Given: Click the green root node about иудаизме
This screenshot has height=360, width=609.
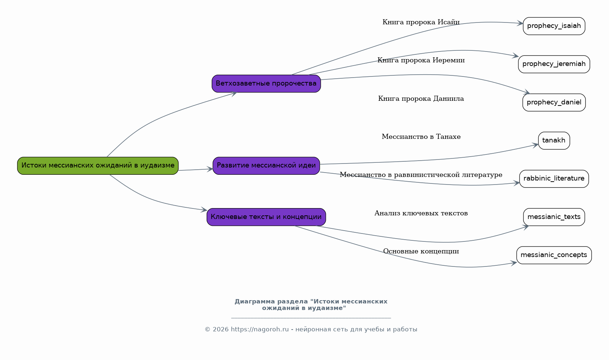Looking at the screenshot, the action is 98,166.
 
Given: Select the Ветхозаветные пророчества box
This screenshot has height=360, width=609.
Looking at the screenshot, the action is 266,83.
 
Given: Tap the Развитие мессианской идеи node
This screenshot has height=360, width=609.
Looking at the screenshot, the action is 266,166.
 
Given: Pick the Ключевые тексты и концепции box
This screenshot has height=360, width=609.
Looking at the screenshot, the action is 266,217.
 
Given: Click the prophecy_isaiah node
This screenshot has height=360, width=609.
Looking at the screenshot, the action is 554,26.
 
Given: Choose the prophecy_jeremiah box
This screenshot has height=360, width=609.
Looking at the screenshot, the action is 554,64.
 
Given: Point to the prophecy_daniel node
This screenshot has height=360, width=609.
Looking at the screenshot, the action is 554,103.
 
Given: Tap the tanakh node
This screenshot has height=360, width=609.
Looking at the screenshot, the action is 554,141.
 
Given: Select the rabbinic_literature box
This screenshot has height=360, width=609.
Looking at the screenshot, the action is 554,179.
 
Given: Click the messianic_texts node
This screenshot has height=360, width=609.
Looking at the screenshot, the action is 554,217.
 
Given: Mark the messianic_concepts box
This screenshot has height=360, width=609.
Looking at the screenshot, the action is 554,255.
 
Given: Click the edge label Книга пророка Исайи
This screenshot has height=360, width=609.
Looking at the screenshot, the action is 421,22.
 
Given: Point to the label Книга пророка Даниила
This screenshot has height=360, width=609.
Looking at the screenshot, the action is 421,99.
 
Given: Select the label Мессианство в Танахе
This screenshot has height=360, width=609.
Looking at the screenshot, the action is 421,136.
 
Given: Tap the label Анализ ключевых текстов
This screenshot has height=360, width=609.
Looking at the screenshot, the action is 421,213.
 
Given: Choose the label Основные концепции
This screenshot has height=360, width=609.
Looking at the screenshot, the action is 421,251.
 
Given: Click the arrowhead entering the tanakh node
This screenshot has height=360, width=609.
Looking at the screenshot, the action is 535,145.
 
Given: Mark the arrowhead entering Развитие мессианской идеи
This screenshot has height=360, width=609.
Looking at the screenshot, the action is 210,169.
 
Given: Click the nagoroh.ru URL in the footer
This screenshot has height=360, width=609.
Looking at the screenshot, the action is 260,329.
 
